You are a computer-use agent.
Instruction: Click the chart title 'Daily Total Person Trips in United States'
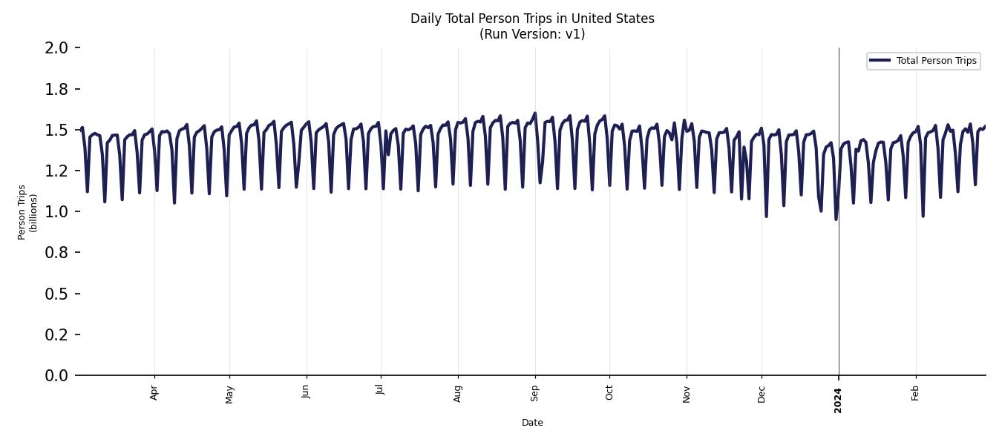tap(532, 19)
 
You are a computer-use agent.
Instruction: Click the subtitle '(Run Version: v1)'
tap(532, 34)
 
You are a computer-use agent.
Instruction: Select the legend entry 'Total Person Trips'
tap(936, 61)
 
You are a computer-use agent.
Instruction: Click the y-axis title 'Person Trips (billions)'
tap(27, 212)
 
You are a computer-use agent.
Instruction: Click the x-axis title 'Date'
tap(532, 423)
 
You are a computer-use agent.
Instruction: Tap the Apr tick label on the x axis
tap(154, 392)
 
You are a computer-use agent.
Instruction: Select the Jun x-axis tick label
tap(306, 392)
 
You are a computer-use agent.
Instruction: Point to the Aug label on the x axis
tap(458, 392)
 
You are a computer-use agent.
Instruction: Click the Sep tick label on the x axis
tap(534, 392)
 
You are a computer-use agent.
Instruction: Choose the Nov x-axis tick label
tap(687, 392)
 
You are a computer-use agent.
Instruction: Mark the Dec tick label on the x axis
tap(762, 392)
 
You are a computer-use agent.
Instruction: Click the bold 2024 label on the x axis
tap(838, 400)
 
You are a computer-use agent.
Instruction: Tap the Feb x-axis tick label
tap(915, 392)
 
